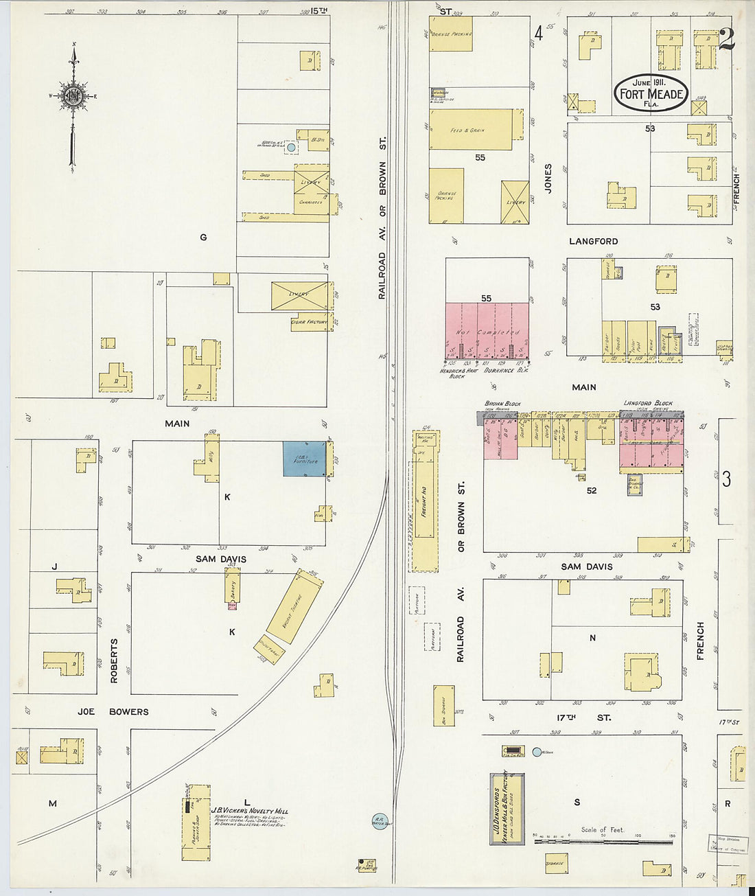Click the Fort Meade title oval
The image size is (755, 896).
[x=651, y=93]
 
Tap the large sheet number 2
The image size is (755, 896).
[x=726, y=40]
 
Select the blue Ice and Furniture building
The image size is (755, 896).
[x=305, y=459]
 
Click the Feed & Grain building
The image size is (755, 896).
[x=470, y=129]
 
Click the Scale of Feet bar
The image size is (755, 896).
[x=603, y=841]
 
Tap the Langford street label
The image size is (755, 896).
[x=593, y=242]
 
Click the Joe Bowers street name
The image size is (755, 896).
[x=113, y=711]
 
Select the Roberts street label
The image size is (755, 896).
[x=115, y=660]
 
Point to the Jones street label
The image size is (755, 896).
[x=548, y=178]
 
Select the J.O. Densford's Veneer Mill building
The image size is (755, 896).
[x=507, y=808]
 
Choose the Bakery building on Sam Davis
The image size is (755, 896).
[x=232, y=588]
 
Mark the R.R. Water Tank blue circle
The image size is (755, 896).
[x=380, y=821]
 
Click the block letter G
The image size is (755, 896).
[x=203, y=238]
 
